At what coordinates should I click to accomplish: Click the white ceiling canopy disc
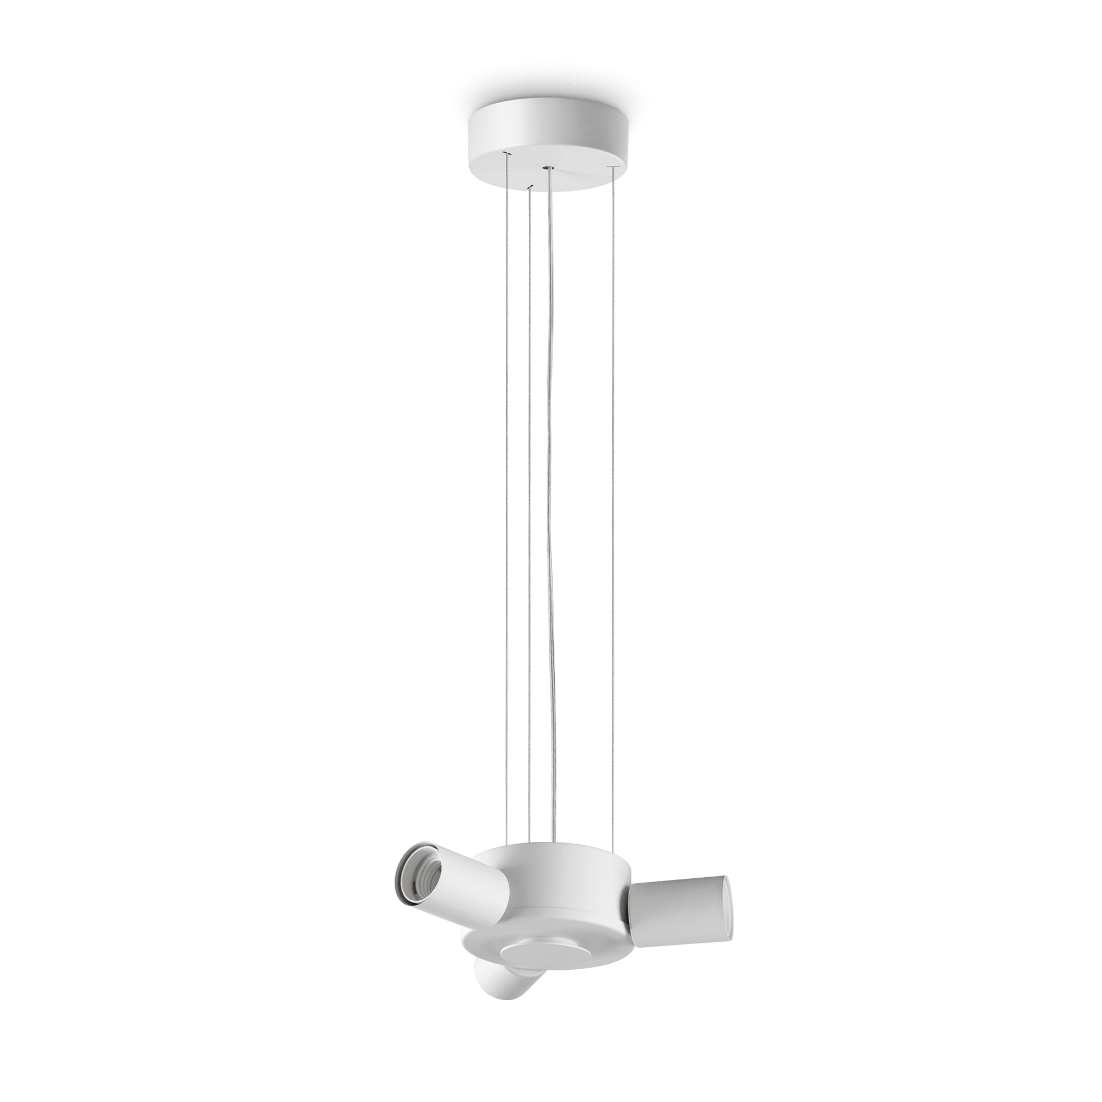pos(548,134)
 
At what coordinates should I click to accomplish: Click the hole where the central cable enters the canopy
pos(548,168)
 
